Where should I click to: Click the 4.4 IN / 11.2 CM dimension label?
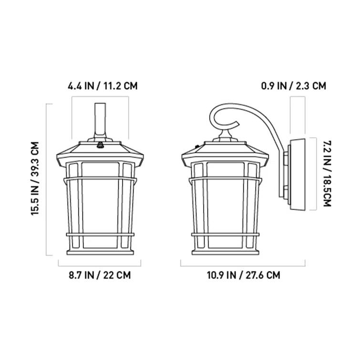[x=102, y=86]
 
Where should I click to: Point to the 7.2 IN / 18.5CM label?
[x=326, y=173]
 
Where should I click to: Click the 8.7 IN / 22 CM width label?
[x=100, y=275]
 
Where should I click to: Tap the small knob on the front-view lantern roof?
[x=101, y=143]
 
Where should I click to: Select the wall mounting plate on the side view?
[x=296, y=174]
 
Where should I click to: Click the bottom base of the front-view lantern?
[x=100, y=252]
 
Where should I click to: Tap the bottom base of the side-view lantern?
[x=225, y=252]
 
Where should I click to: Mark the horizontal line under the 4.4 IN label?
[x=100, y=98]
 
